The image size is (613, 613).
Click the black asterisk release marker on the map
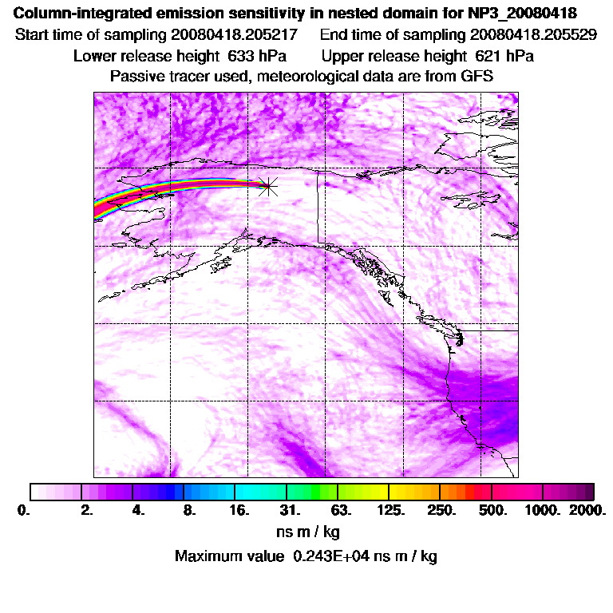268,186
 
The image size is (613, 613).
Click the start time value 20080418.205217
234,35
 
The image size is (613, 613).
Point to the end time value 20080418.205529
534,35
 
